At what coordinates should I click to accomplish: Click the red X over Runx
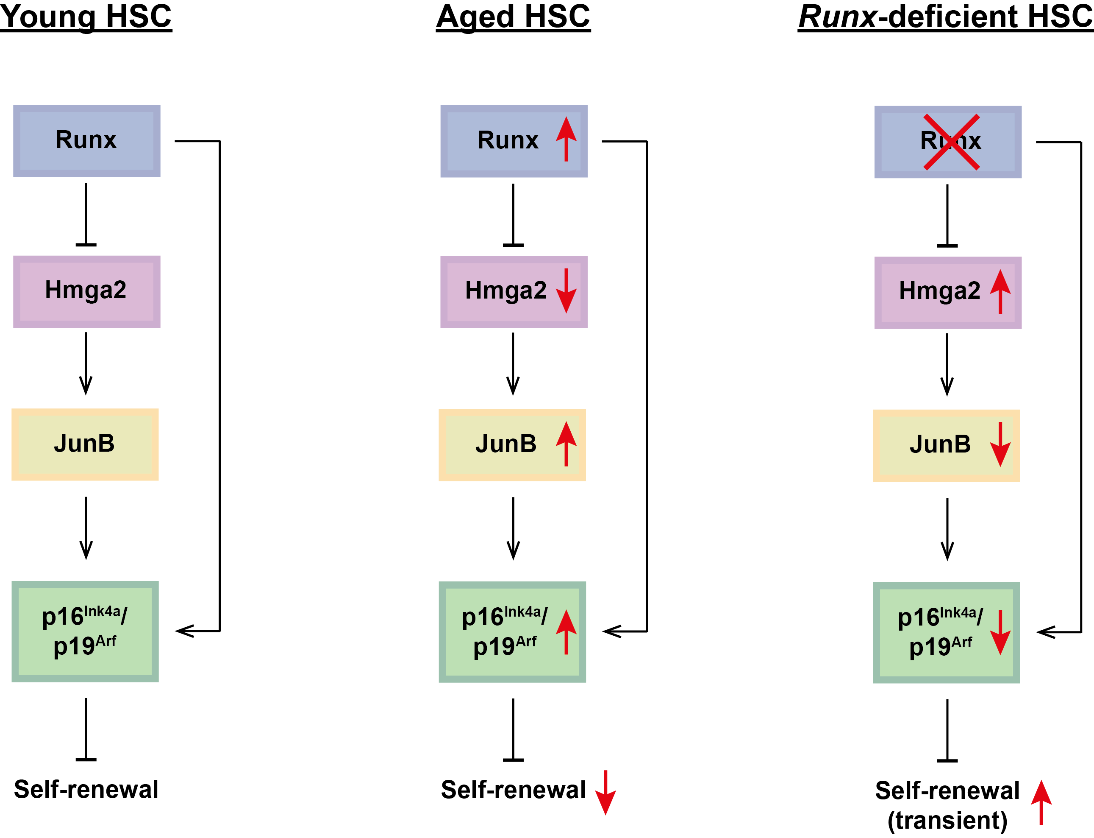tap(951, 142)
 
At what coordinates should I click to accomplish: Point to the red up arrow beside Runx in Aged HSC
tap(566, 139)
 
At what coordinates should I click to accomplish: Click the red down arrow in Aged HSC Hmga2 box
tap(566, 291)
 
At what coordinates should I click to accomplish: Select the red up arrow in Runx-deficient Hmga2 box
tap(1000, 291)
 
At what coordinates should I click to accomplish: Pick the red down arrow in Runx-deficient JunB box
tap(1000, 444)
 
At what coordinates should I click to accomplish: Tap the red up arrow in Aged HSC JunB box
tap(566, 444)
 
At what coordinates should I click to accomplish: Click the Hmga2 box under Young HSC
tap(87, 291)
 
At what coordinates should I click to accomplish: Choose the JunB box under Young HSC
tap(85, 444)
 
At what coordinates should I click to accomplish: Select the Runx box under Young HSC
tap(87, 141)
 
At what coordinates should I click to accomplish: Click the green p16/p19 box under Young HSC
tap(85, 631)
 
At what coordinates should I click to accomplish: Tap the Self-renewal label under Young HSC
tap(86, 790)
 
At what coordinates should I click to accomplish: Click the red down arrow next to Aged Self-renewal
tap(605, 793)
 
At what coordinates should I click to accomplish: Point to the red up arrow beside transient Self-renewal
tap(1041, 802)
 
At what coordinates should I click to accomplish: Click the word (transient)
tap(947, 821)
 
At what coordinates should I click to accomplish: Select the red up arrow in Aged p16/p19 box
tap(566, 632)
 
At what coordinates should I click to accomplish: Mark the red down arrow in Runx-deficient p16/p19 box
tap(1000, 632)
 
